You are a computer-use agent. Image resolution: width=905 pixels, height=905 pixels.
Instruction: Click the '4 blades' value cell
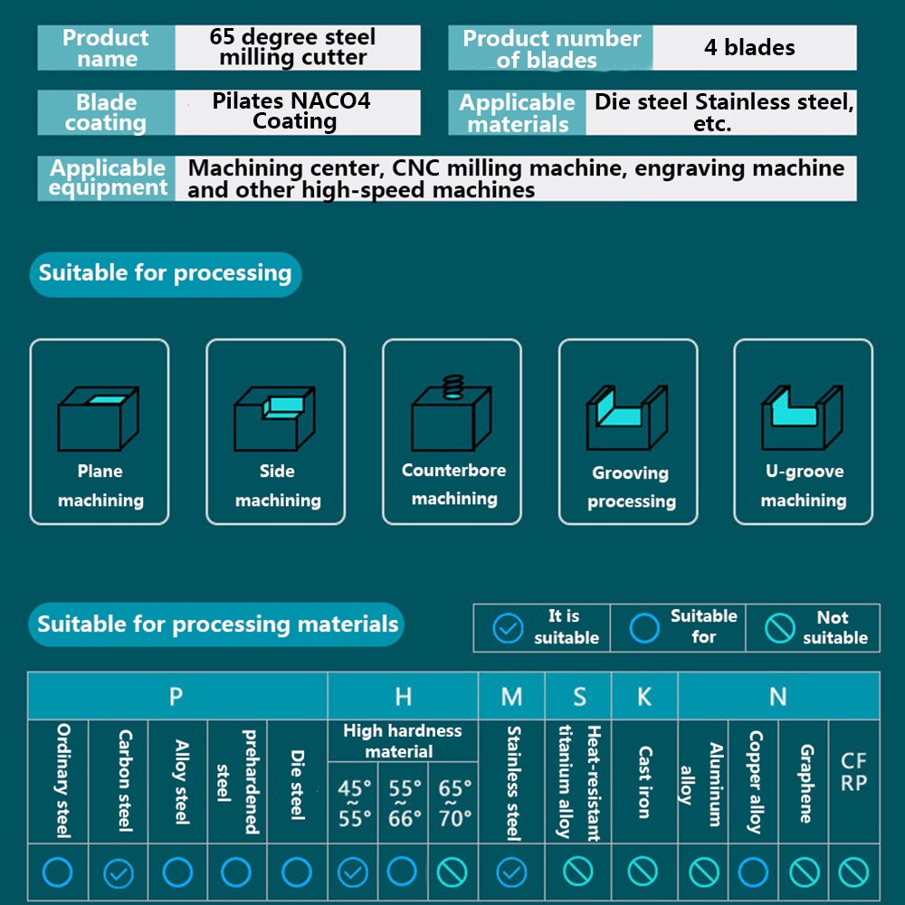(749, 47)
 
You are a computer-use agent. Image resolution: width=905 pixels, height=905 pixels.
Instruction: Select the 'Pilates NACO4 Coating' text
(292, 111)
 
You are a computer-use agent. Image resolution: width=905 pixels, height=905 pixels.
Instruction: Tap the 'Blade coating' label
(106, 113)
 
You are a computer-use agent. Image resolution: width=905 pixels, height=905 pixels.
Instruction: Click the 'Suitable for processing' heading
(165, 273)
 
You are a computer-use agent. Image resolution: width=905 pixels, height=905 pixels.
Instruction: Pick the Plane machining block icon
(98, 417)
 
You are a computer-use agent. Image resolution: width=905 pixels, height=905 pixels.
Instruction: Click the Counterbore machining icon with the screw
(452, 413)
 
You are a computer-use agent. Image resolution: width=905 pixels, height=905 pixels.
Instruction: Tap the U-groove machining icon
(803, 417)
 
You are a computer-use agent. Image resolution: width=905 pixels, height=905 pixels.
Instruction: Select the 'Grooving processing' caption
(631, 487)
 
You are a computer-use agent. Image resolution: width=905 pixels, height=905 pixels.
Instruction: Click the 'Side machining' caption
(277, 486)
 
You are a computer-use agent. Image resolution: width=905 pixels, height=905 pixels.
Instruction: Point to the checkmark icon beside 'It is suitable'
(509, 627)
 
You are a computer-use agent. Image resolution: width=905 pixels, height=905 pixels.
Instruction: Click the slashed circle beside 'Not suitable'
(779, 627)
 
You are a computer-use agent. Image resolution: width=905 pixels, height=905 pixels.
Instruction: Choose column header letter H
(403, 696)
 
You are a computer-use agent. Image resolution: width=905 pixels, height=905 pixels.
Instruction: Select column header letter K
(644, 696)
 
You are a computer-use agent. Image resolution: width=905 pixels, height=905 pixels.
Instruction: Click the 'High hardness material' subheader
(403, 741)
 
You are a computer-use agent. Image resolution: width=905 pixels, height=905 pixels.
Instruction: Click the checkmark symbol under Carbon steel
(119, 872)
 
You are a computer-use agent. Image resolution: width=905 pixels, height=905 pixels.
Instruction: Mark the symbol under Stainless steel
(511, 872)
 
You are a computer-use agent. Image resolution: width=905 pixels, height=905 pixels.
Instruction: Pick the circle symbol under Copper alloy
(753, 872)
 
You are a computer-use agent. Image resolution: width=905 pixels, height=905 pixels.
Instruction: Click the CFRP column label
(853, 773)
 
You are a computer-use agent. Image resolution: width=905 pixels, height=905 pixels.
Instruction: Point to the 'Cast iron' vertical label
(644, 782)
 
